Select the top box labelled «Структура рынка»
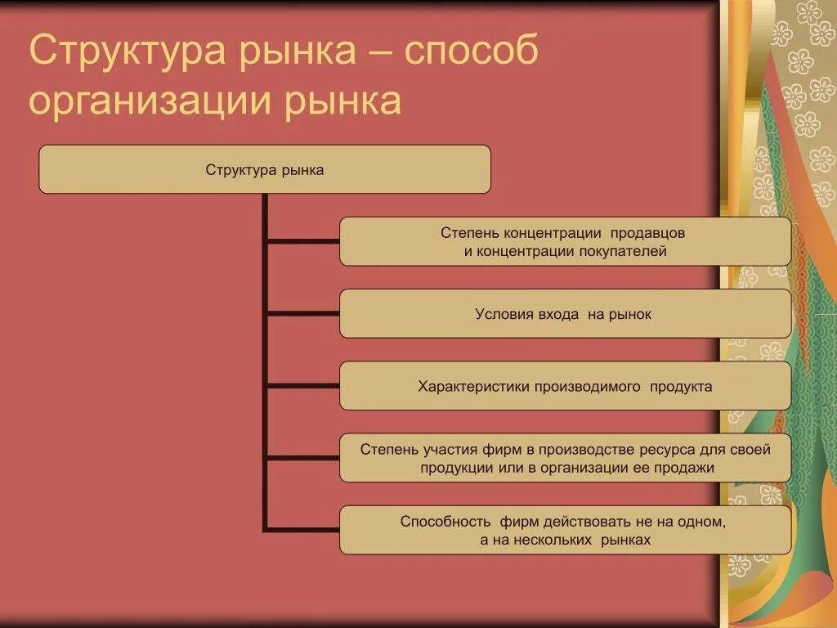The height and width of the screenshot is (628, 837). (x=265, y=169)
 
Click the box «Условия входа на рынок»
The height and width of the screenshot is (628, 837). (x=565, y=313)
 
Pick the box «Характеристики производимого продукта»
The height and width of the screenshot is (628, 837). (x=565, y=386)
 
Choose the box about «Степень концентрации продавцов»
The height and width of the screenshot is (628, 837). (x=565, y=241)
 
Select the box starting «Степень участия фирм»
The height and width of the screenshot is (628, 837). (x=565, y=458)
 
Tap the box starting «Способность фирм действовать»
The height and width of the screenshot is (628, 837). (x=565, y=530)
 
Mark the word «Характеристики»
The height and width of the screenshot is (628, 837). (x=474, y=386)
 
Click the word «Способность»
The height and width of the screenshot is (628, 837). (x=445, y=521)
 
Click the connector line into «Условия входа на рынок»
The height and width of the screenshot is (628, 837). (x=302, y=313)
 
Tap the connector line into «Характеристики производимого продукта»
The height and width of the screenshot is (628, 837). (x=302, y=385)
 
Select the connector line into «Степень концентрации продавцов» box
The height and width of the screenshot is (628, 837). (x=302, y=241)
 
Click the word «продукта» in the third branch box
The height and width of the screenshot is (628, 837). (x=680, y=386)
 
